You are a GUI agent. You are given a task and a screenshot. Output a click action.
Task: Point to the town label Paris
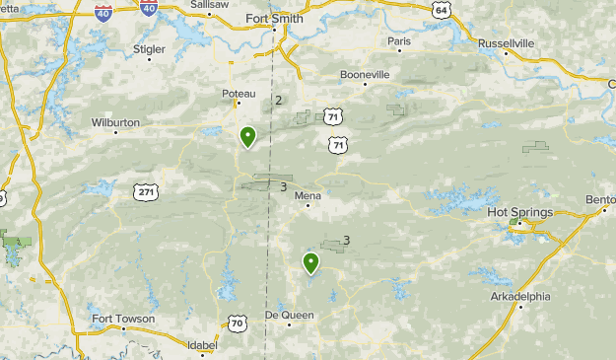click(x=398, y=41)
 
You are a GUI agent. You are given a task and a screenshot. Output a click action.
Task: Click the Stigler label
click(x=149, y=47)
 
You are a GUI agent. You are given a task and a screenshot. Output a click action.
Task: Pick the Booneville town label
click(x=365, y=74)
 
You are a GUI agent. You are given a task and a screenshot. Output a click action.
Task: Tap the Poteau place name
click(x=239, y=94)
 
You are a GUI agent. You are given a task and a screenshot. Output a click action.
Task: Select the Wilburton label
click(x=115, y=123)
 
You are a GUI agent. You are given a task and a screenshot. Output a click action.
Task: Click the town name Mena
click(x=308, y=196)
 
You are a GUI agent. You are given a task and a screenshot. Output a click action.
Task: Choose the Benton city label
click(x=600, y=199)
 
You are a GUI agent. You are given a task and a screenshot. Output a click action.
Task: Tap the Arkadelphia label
click(x=520, y=296)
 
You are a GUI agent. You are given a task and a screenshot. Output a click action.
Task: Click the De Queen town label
click(x=288, y=315)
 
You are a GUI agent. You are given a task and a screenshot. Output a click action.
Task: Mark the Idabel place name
click(x=200, y=345)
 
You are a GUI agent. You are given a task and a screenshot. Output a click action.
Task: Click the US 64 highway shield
click(x=440, y=10)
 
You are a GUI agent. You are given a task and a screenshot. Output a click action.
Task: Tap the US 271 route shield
click(x=146, y=191)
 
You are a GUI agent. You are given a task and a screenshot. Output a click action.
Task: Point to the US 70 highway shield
click(x=237, y=323)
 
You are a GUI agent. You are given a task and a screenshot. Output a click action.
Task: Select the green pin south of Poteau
click(x=248, y=137)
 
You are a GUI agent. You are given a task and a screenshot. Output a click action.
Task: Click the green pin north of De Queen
click(x=310, y=262)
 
